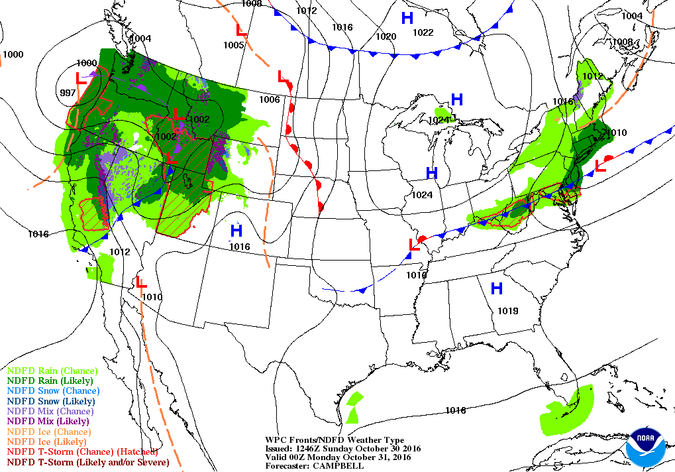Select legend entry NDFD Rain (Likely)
pos(50,381)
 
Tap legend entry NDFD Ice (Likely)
pos(47,442)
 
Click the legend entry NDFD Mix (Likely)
pos(48,421)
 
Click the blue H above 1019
pos(496,288)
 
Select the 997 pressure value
pos(68,92)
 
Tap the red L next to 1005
pos(242,30)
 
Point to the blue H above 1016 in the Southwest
pos(236,231)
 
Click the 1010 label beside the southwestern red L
pos(152,297)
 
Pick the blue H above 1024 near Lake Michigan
pos(432,174)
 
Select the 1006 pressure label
pos(269,99)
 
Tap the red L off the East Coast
pos(601,166)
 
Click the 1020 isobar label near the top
pos(386,36)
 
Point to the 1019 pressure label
pos(507,311)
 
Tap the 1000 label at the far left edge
pos(13,54)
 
